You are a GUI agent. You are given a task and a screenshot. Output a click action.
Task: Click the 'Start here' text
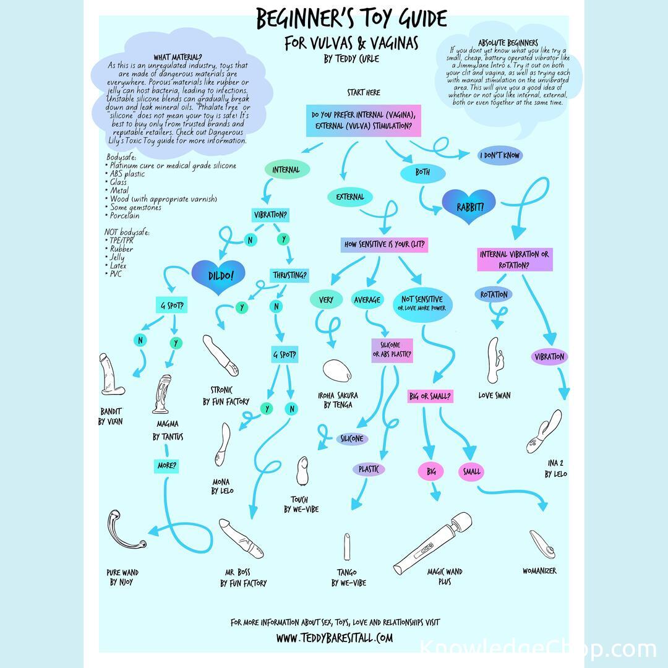point(364,93)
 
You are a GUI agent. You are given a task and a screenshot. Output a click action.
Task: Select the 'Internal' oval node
point(286,169)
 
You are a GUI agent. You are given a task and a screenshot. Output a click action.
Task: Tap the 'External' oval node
point(350,197)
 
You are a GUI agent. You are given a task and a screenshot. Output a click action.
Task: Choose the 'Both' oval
point(423,173)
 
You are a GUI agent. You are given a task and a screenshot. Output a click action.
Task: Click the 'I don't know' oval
point(500,155)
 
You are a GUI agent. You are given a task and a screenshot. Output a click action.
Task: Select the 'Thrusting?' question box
point(289,275)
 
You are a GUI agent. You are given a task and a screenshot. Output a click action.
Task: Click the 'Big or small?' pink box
point(430,396)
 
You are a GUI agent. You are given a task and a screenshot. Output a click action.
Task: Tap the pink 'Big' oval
point(431,472)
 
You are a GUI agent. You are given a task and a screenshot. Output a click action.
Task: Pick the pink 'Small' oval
point(471,472)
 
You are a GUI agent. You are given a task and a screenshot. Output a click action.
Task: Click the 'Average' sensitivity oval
point(367,300)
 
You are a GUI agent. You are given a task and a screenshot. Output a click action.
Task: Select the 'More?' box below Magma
point(166,466)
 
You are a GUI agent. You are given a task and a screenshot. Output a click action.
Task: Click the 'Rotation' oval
point(494,294)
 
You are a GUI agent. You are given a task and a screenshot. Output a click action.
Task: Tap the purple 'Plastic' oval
point(369,469)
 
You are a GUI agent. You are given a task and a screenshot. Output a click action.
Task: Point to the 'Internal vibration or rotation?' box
point(515,260)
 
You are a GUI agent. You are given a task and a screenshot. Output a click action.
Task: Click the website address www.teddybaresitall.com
point(334,638)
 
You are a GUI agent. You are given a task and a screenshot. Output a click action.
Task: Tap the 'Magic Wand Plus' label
point(445,576)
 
